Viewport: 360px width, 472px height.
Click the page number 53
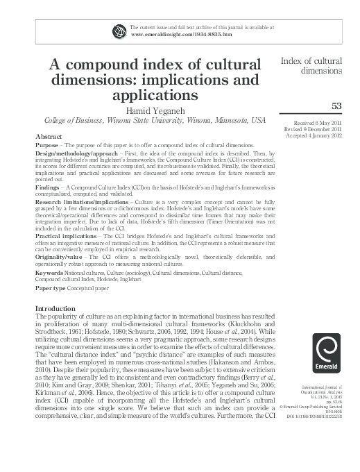click(338, 106)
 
